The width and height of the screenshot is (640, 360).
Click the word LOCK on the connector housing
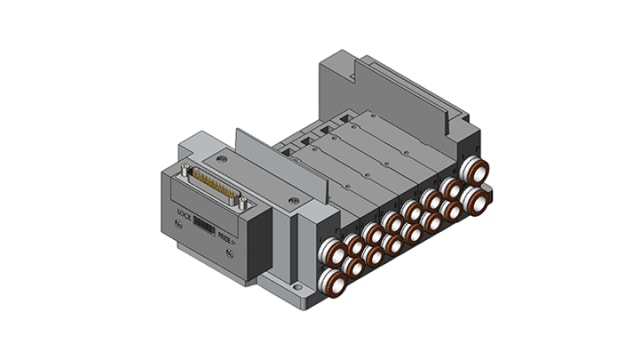tap(182, 213)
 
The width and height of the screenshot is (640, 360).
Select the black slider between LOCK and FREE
tap(203, 226)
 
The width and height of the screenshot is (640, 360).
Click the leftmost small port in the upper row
tap(354, 245)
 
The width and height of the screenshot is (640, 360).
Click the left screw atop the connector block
tap(221, 158)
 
